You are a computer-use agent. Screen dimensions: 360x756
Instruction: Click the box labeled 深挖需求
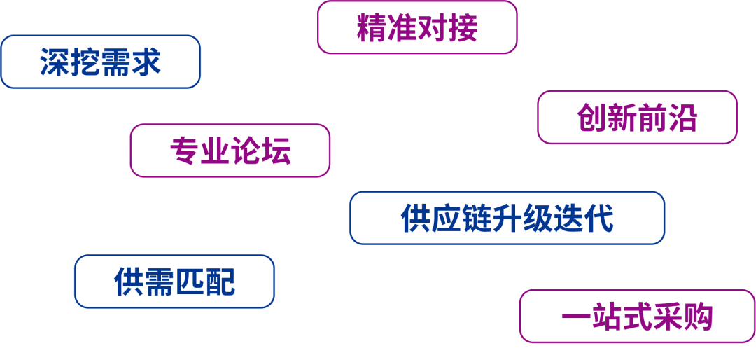tap(101, 62)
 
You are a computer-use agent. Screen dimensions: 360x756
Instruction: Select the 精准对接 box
tap(417, 27)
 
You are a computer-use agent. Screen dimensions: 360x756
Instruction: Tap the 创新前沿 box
tap(637, 117)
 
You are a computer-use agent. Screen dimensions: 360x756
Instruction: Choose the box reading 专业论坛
tap(230, 151)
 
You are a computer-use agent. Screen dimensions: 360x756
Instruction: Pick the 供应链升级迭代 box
tap(507, 218)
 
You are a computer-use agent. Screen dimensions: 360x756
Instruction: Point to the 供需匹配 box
tap(174, 281)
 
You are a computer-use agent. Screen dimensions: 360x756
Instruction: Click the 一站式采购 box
tap(637, 317)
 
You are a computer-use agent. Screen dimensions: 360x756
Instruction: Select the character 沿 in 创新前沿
tap(682, 118)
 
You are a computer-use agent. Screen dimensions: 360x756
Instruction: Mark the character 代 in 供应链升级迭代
tap(599, 219)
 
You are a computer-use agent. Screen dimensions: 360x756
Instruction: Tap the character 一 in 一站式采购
tap(576, 317)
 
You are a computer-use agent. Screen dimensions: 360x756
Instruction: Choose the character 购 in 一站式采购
tap(697, 317)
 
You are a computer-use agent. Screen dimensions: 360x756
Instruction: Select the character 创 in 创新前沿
tap(591, 118)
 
